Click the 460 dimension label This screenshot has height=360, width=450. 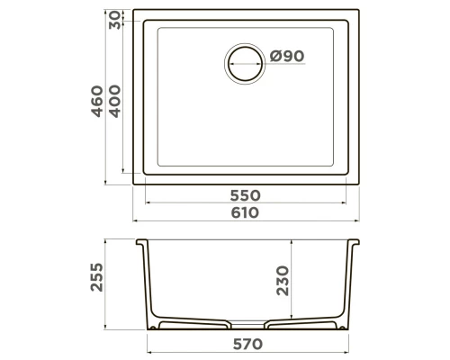click(x=97, y=101)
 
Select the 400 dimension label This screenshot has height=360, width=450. click(x=114, y=101)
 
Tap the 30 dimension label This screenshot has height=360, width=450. click(x=114, y=20)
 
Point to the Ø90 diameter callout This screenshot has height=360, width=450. click(x=287, y=56)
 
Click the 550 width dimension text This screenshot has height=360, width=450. click(x=246, y=195)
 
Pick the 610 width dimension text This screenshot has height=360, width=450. click(x=245, y=212)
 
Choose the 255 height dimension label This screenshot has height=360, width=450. click(x=96, y=277)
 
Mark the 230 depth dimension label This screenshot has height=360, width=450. click(x=283, y=281)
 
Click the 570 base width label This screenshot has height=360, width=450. click(x=247, y=344)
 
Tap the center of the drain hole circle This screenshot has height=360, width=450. click(x=245, y=64)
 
